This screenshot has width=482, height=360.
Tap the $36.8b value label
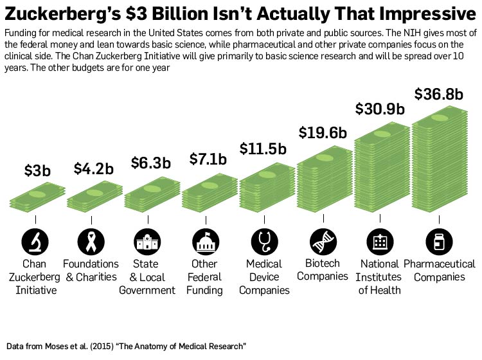[439, 94]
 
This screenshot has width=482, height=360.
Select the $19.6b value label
[323, 132]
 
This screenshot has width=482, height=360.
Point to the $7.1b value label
[208, 158]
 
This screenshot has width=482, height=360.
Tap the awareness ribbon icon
[91, 242]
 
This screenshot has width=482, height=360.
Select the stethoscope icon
[263, 242]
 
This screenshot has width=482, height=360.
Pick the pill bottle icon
[439, 242]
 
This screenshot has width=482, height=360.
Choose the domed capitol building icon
[206, 242]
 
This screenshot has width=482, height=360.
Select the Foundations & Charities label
[91, 271]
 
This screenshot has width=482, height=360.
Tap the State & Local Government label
[147, 277]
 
